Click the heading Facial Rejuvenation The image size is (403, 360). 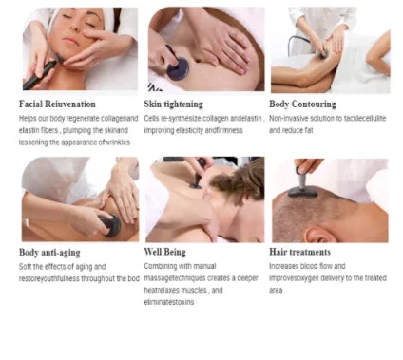pos(57,104)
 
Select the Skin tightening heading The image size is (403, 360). pos(173,104)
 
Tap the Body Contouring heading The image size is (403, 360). pos(302,104)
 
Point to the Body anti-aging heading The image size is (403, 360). pos(49,253)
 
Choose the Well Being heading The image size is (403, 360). pos(164,252)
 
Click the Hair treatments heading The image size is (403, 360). pos(299,252)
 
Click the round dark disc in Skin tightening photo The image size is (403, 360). pos(178,68)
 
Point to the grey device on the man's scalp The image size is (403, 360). pos(302,185)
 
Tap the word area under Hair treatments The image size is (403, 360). pos(276,291)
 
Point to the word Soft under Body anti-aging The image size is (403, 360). pos(25,266)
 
